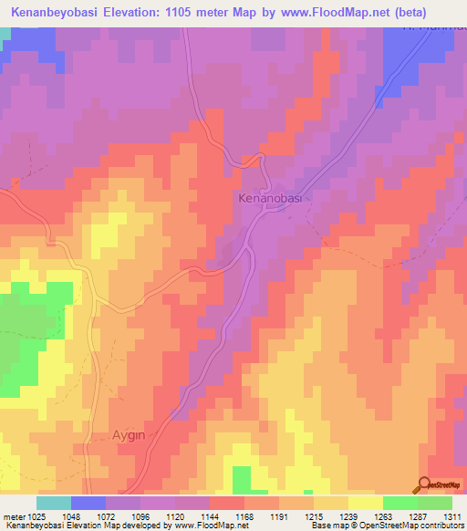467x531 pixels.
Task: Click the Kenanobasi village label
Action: click(x=269, y=198)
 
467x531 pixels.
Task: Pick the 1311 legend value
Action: click(x=452, y=516)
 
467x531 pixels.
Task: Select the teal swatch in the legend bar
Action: click(x=54, y=503)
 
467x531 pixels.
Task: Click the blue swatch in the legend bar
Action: click(x=88, y=503)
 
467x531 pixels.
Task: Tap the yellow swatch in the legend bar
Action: click(x=365, y=503)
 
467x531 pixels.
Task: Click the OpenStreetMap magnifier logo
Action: click(x=425, y=484)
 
